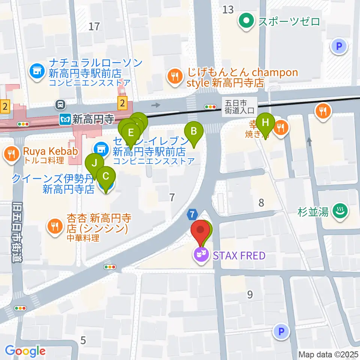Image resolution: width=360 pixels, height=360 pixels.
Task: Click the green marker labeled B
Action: [194, 132]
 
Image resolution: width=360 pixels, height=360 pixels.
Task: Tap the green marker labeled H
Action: [265, 123]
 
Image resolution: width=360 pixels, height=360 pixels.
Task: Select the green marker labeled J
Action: [94, 163]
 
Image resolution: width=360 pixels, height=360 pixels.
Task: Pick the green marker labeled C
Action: [106, 176]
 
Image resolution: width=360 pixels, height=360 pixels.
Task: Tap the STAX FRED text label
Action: [239, 256]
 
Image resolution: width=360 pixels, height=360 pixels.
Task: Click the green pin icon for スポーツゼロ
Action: [247, 21]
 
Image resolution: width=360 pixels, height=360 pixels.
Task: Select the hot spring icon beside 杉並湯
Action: [341, 211]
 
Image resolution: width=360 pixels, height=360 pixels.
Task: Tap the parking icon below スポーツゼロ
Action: [339, 46]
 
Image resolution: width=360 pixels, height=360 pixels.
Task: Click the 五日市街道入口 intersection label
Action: [240, 106]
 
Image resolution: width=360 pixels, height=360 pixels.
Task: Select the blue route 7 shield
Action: [192, 214]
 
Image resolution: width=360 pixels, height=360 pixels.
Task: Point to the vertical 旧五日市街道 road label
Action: [16, 232]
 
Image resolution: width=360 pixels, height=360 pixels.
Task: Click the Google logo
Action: [25, 351]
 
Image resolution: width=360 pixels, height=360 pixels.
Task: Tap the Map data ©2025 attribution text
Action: [328, 354]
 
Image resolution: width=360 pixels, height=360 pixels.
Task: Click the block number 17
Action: [94, 26]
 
